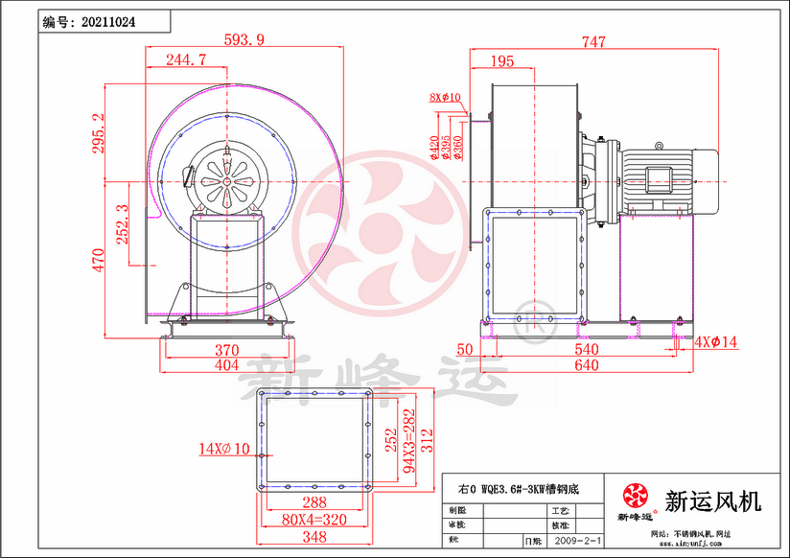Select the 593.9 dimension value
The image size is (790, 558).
[x=244, y=39]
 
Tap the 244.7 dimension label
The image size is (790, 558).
[x=185, y=59]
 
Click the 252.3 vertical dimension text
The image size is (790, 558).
[x=122, y=224]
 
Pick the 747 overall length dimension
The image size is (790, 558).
[x=593, y=41]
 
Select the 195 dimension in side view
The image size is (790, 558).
[x=501, y=61]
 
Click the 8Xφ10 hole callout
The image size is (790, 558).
[x=445, y=97]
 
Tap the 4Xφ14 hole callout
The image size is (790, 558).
[x=717, y=340]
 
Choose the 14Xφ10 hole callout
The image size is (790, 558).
[x=223, y=448]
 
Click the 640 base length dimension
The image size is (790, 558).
[x=586, y=365]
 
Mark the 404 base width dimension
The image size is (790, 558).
[x=225, y=365]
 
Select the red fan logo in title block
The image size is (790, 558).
[x=634, y=496]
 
